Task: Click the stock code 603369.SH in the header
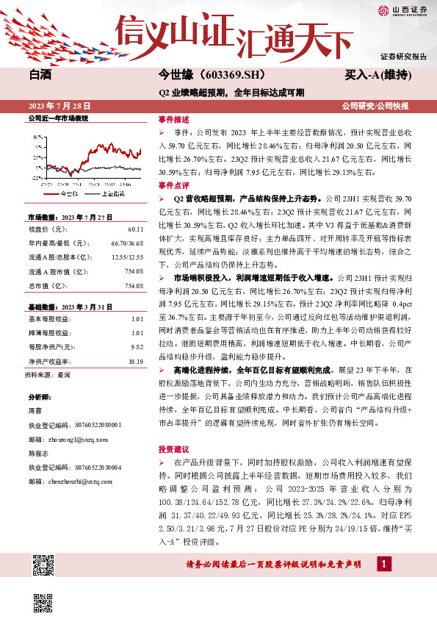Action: click(x=231, y=76)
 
